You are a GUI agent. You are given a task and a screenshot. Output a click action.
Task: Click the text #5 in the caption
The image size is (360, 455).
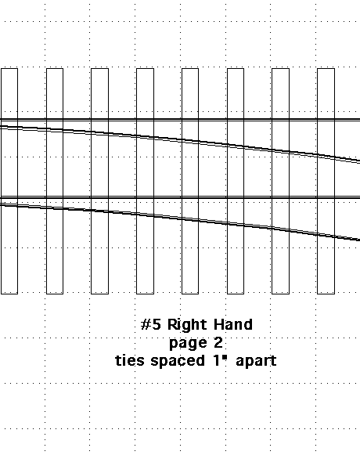(150, 324)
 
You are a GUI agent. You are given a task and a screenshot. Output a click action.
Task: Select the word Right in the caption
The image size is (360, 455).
(187, 325)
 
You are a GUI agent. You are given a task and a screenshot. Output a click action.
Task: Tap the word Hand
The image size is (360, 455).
(233, 324)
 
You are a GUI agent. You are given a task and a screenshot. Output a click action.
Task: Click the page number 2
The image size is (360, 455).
(218, 342)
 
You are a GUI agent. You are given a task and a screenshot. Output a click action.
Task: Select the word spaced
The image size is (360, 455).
(178, 362)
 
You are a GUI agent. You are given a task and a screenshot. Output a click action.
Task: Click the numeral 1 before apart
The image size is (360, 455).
(216, 360)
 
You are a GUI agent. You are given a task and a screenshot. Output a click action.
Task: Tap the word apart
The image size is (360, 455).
(256, 362)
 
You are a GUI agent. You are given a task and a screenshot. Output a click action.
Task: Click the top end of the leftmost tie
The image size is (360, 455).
(9, 69)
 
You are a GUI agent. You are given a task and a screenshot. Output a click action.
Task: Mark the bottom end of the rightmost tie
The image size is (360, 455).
(326, 294)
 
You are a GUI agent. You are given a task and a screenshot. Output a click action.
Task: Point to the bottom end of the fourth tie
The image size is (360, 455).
(145, 294)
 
